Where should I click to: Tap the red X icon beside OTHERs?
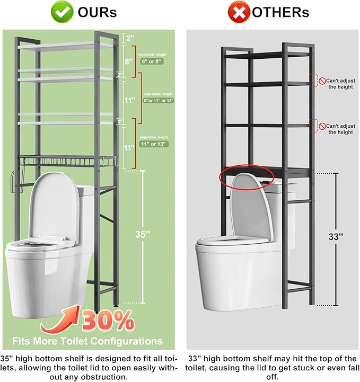239,12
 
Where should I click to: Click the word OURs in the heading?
98,12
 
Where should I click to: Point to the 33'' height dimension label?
336,237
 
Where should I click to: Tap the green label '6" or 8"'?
152,61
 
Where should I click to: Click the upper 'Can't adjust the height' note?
339,83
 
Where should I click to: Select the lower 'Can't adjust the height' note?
339,129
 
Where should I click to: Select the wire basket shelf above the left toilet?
64,161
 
